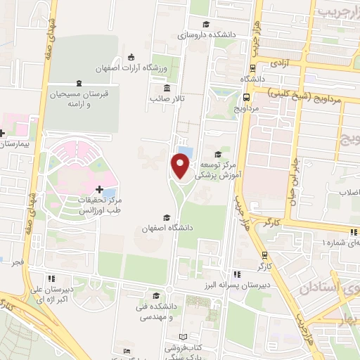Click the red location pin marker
click(181, 167)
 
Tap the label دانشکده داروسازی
click(202, 33)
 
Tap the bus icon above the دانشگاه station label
click(249, 67)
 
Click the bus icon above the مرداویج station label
click(246, 98)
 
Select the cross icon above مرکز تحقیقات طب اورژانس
click(99, 190)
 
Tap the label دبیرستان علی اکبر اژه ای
click(51, 292)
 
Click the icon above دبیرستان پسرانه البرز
click(238, 274)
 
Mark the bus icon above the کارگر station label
click(264, 255)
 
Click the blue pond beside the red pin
click(186, 153)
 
